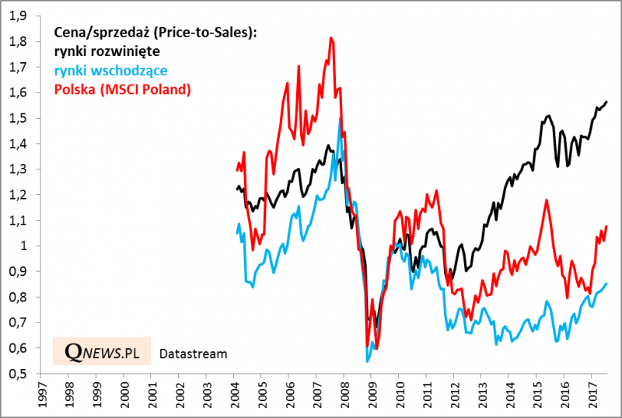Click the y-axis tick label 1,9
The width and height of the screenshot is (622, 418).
pos(18,16)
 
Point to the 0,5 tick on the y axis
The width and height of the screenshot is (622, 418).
pos(18,374)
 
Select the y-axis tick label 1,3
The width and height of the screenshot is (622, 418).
pos(18,169)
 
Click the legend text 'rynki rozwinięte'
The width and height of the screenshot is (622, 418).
pos(107,51)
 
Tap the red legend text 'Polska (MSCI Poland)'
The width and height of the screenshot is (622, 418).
pos(122,89)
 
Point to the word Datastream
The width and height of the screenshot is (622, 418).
pos(193,354)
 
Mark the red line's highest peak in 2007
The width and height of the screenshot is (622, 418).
pos(331,37)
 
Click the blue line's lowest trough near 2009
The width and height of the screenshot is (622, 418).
pos(368,361)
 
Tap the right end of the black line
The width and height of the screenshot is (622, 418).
pos(607,102)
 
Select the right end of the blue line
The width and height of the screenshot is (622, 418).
pos(607,284)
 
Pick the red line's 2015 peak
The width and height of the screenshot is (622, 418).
pos(547,200)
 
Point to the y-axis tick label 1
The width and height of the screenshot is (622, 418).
pos(23,246)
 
